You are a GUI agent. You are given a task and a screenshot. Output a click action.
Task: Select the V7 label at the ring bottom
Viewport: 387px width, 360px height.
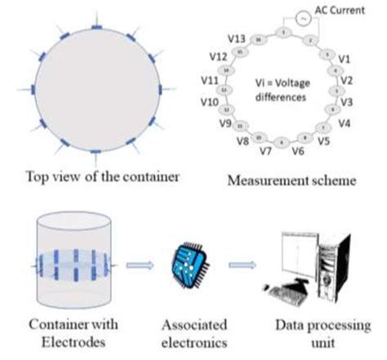[x=265, y=152]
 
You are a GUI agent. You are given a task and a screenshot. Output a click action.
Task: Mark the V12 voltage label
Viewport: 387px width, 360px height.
[x=216, y=58]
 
